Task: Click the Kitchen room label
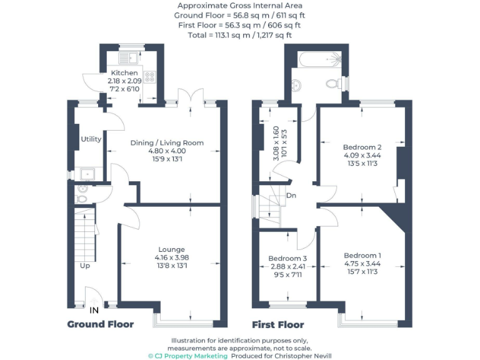[124, 73]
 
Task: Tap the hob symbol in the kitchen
[150, 77]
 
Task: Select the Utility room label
[91, 139]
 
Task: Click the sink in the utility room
[85, 173]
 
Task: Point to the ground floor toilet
[82, 194]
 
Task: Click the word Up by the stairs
[84, 266]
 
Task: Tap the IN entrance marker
[94, 310]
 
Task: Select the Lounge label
[171, 249]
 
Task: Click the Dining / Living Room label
[167, 143]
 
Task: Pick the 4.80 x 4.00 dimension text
[167, 151]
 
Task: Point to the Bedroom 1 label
[362, 256]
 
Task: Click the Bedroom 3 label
[287, 258]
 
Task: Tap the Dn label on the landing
[291, 196]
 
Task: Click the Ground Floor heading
[100, 324]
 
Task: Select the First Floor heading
[277, 324]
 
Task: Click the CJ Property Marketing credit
[187, 356]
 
